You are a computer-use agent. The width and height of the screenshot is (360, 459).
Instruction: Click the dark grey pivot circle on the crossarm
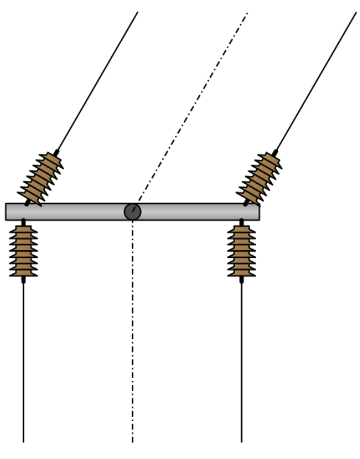point(132,212)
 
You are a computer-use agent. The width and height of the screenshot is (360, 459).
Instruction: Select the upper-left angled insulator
point(42,178)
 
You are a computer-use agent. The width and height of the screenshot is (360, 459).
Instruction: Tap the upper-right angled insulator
point(260,178)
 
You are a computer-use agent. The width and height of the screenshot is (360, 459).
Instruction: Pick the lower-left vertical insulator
point(24,251)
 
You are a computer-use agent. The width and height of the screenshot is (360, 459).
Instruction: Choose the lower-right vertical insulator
point(241,251)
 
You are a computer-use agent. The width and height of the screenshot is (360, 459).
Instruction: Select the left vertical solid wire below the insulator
point(24,366)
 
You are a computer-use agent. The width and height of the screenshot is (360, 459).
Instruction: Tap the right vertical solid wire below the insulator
point(241,366)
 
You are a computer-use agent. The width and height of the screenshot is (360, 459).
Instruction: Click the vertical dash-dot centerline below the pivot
point(132,335)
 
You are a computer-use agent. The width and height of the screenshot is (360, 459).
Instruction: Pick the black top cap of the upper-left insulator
point(57,152)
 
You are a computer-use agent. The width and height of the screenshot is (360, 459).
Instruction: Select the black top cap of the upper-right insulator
point(275,152)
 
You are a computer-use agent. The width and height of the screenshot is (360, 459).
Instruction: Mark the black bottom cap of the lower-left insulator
point(24,279)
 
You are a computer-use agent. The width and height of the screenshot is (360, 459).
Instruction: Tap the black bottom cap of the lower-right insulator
point(241,279)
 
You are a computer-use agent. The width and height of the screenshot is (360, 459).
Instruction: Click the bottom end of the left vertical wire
point(24,441)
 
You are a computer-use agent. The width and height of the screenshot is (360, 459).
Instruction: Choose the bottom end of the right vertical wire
point(241,441)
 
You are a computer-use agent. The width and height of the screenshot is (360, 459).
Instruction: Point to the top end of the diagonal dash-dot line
point(247,14)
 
